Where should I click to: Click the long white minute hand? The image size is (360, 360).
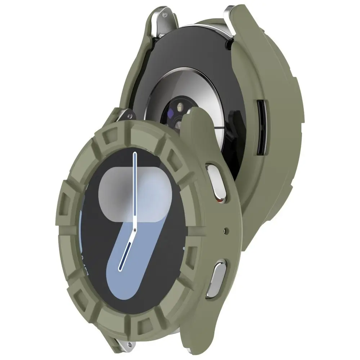135,187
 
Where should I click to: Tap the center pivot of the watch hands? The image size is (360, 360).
134,230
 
